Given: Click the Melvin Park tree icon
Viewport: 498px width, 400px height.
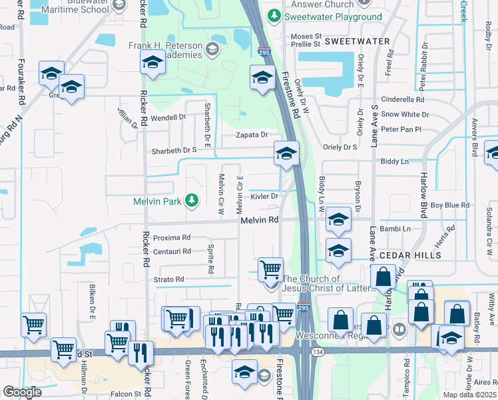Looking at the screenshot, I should (192, 200).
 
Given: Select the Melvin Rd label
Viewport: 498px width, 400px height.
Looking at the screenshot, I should (259, 220).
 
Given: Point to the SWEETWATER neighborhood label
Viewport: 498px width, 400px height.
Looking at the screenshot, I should (357, 41).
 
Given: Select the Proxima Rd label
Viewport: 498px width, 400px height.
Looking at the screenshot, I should (172, 237).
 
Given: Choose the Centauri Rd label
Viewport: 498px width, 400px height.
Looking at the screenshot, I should (172, 251).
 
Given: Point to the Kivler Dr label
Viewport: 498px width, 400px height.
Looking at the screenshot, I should (264, 196).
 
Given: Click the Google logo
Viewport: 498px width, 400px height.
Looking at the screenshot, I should (23, 392).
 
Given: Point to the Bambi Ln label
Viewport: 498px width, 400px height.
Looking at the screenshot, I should (396, 229).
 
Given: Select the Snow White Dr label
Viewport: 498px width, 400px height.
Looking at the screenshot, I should (405, 115).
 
